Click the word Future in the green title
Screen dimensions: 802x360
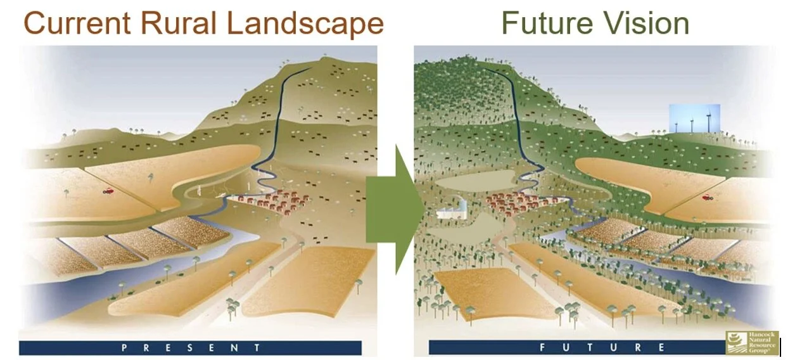pyautogui.click(x=549, y=23)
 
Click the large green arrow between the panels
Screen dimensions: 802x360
pyautogui.click(x=393, y=209)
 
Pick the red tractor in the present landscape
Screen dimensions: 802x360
pyautogui.click(x=108, y=189)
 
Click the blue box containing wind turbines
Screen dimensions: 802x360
pyautogui.click(x=694, y=119)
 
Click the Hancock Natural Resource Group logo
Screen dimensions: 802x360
pyautogui.click(x=751, y=342)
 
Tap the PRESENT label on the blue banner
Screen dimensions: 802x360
pyautogui.click(x=190, y=347)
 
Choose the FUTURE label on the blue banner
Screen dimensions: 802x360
pyautogui.click(x=602, y=347)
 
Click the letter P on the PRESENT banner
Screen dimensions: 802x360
pyautogui.click(x=124, y=347)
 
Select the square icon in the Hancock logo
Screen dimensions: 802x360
pyautogui.click(x=735, y=342)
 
